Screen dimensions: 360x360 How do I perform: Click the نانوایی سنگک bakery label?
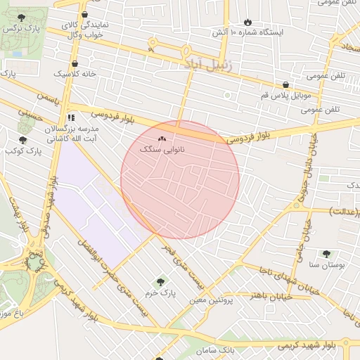click(x=162, y=150)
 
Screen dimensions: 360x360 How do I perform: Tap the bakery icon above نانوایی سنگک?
click(x=162, y=139)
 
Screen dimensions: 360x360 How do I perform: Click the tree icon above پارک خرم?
click(x=161, y=281)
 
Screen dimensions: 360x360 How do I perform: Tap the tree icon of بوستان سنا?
click(x=326, y=254)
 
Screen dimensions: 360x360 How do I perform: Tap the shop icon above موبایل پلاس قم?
click(x=285, y=84)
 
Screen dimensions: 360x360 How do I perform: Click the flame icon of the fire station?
click(x=247, y=22)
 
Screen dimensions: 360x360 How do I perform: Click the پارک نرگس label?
click(x=19, y=30)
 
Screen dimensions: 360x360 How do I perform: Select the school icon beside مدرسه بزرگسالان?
click(x=70, y=118)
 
